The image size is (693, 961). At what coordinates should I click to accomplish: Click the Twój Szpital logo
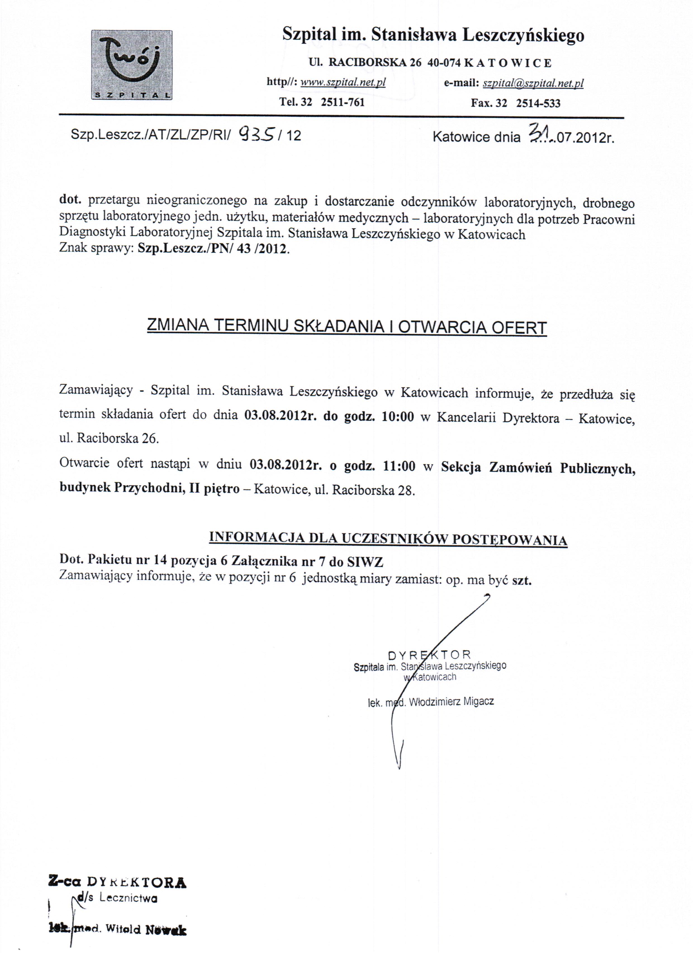pyautogui.click(x=132, y=65)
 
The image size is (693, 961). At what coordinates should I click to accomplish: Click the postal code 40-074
pyautogui.click(x=444, y=63)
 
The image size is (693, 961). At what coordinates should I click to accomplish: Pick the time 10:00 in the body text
pyautogui.click(x=397, y=417)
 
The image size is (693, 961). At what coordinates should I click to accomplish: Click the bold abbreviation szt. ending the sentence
pyautogui.click(x=521, y=580)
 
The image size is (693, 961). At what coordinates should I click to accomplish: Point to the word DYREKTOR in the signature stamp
pyautogui.click(x=429, y=655)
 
